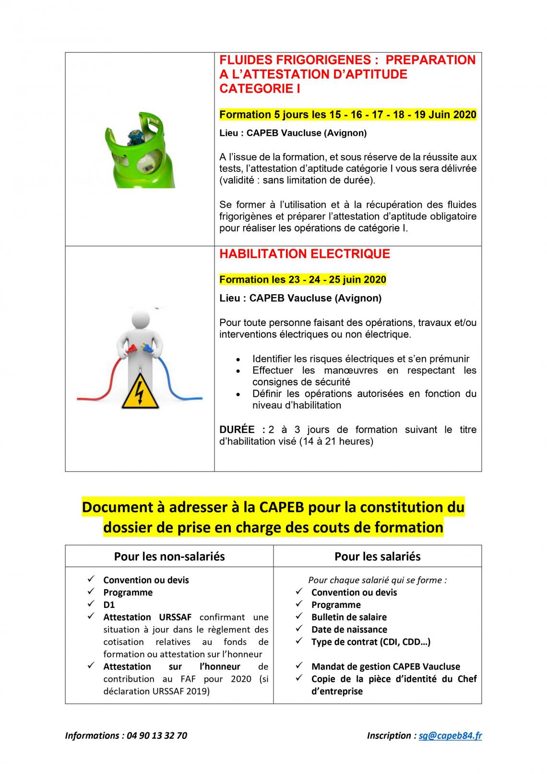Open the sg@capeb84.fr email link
[450, 736]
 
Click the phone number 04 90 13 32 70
[155, 736]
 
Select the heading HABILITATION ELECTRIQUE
[304, 254]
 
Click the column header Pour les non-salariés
[169, 556]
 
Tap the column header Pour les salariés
[377, 556]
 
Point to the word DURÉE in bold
[237, 430]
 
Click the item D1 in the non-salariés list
[109, 605]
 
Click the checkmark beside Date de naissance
[299, 629]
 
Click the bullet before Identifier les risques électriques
[238, 359]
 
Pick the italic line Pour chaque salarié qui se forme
[377, 580]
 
